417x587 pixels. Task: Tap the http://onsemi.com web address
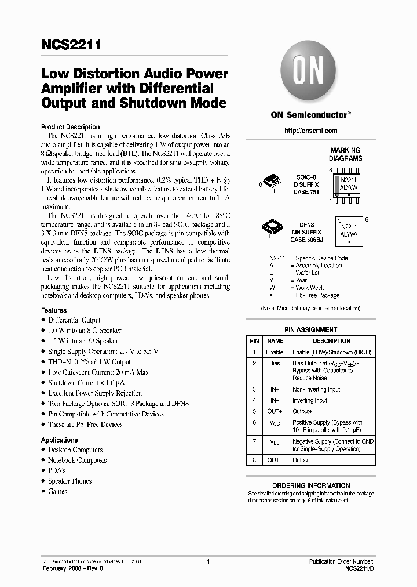click(x=310, y=131)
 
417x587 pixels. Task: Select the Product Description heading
click(x=70, y=127)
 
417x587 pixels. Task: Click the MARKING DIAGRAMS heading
click(x=345, y=154)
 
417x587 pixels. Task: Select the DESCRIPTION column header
click(x=331, y=341)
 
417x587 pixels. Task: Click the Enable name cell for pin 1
click(x=275, y=352)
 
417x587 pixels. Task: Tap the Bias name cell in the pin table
click(x=275, y=364)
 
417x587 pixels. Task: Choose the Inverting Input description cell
click(x=310, y=400)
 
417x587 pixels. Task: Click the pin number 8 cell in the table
click(x=254, y=460)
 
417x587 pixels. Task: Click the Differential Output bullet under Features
click(x=74, y=320)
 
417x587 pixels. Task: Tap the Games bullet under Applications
click(x=57, y=492)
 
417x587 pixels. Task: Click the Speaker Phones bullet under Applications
click(x=69, y=481)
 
